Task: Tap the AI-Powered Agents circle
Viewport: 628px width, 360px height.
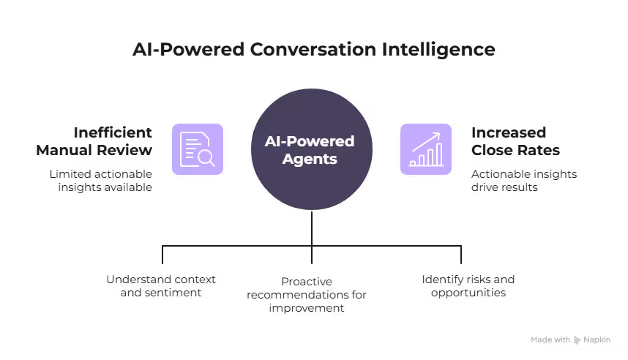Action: [x=313, y=149]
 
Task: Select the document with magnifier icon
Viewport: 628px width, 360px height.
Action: [x=198, y=149]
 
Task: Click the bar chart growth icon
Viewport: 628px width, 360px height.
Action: [x=426, y=149]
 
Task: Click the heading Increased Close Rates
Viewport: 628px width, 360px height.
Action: [x=515, y=141]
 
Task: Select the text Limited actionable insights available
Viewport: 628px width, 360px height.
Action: [x=101, y=180]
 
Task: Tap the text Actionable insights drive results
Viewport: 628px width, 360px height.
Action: [x=524, y=180]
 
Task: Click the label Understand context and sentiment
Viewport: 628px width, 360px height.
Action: [x=161, y=285]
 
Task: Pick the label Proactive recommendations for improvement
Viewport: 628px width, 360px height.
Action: [x=307, y=295]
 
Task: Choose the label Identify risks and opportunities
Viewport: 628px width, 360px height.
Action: [x=468, y=285]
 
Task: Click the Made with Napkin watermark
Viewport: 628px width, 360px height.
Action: [x=570, y=340]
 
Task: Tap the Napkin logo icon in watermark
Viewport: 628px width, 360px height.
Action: [x=577, y=340]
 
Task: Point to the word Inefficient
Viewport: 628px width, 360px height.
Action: [x=113, y=132]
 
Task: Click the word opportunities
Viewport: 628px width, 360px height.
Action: [x=468, y=292]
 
